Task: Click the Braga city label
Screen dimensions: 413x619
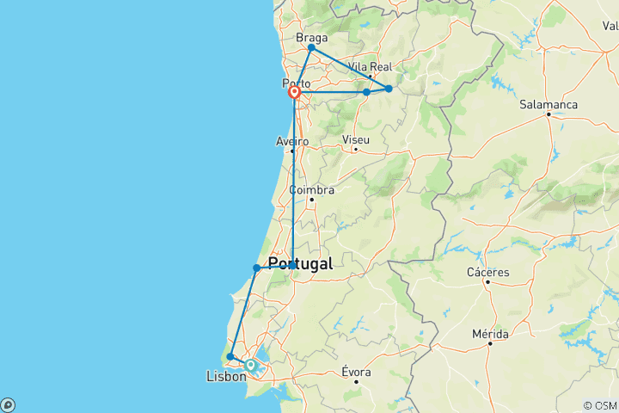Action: coord(311,38)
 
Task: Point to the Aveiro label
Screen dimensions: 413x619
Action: coord(292,141)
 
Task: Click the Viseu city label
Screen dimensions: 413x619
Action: coord(355,139)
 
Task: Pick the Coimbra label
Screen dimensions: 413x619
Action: coord(311,189)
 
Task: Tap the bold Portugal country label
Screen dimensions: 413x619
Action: coord(300,264)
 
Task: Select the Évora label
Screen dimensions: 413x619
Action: coord(356,372)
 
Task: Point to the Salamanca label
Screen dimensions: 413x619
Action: coord(549,104)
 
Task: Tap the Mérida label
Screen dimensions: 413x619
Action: coord(490,333)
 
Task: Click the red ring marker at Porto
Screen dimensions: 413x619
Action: coord(294,92)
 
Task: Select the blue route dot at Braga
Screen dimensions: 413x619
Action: coord(311,48)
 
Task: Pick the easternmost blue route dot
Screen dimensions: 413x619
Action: coord(389,89)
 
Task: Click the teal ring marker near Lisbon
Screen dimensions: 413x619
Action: coord(250,365)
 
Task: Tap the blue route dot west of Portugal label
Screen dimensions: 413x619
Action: coord(256,268)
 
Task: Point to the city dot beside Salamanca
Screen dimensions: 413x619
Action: coord(549,114)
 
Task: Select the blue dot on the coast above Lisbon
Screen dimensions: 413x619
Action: coord(230,356)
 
